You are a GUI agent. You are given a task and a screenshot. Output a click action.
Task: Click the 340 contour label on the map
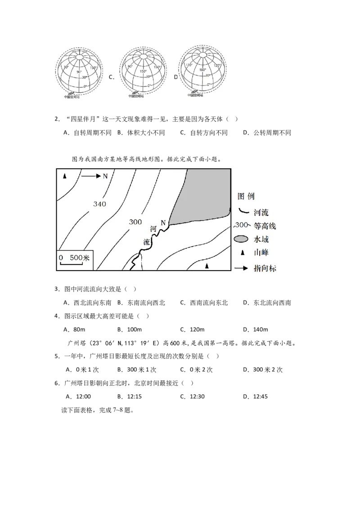pyautogui.click(x=99, y=204)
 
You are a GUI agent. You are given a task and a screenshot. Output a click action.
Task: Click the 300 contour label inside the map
pyautogui.click(x=135, y=222)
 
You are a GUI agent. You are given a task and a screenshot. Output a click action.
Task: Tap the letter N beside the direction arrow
pyautogui.click(x=105, y=176)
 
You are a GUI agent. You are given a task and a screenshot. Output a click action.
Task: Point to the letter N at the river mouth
pyautogui.click(x=163, y=223)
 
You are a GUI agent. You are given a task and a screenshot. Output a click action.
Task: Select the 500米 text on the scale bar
pyautogui.click(x=81, y=258)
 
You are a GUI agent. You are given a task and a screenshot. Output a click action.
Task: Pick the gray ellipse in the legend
pyautogui.click(x=241, y=239)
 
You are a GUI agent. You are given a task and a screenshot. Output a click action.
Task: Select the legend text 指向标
pyautogui.click(x=265, y=268)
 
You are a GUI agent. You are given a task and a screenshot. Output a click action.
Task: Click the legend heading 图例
pyautogui.click(x=246, y=196)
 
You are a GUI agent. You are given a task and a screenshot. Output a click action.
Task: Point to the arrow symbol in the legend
pyautogui.click(x=241, y=268)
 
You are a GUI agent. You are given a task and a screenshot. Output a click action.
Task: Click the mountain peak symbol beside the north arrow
pyautogui.click(x=65, y=176)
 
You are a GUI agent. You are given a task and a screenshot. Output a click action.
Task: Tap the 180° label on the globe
pyautogui.click(x=202, y=70)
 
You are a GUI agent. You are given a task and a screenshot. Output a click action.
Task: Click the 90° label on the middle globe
pyautogui.click(x=130, y=67)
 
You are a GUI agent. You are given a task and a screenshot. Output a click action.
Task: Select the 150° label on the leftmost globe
pyautogui.click(x=93, y=68)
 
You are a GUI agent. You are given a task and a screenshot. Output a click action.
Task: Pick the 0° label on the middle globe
pyautogui.click(x=149, y=85)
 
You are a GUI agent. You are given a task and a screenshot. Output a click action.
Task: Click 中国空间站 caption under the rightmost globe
pyautogui.click(x=195, y=95)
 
